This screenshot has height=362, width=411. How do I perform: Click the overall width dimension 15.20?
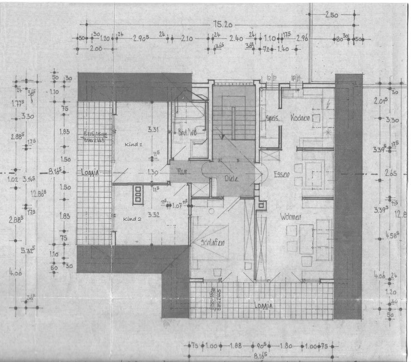click(x=221, y=25)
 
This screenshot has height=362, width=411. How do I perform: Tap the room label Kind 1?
click(x=133, y=145)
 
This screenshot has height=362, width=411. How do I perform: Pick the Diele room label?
click(x=231, y=178)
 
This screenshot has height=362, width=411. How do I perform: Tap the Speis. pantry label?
click(x=272, y=119)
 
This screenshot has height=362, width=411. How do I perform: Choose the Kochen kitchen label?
click(x=300, y=118)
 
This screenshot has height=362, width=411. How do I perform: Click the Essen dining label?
click(x=282, y=175)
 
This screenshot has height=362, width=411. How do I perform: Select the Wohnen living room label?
click(x=291, y=217)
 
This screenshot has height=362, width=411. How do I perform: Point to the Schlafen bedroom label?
click(x=213, y=243)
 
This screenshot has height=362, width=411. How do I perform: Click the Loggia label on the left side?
click(x=90, y=172)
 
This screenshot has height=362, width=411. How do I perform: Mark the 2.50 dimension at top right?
click(x=331, y=15)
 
